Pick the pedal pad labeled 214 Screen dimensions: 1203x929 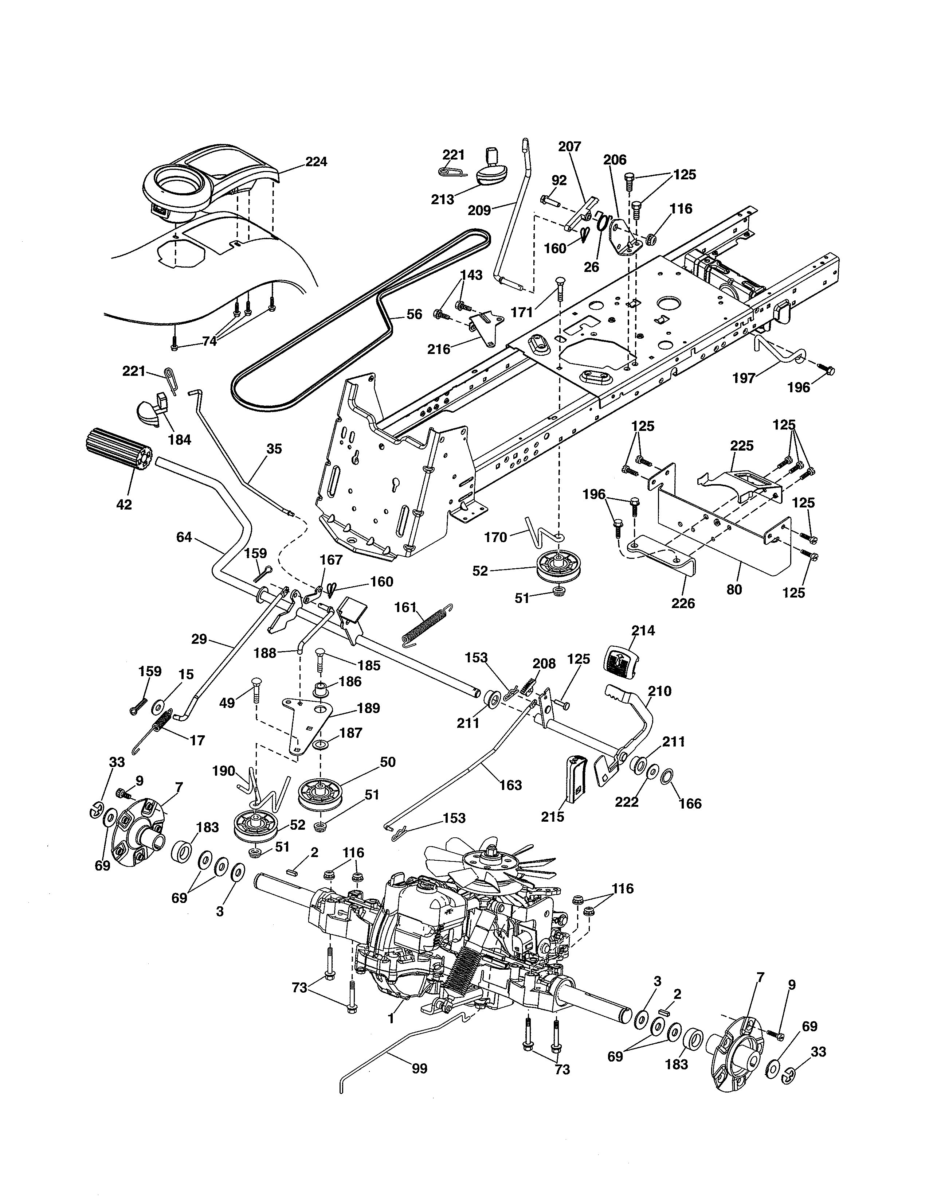click(620, 659)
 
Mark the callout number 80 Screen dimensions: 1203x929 click(734, 589)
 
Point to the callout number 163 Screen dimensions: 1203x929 click(510, 785)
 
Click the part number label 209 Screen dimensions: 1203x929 click(479, 210)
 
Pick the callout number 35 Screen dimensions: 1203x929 click(274, 448)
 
